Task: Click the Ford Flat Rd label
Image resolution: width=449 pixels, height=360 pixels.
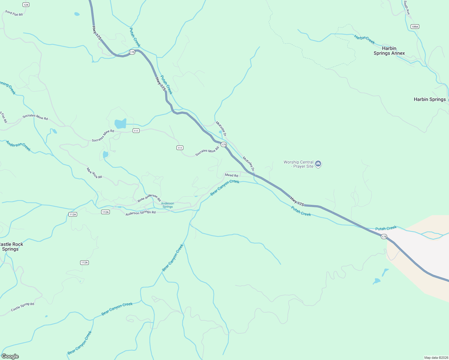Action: pyautogui.click(x=14, y=13)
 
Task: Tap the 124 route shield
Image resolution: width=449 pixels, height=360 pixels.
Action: pyautogui.click(x=26, y=5)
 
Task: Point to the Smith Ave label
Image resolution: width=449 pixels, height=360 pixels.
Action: pyautogui.click(x=407, y=7)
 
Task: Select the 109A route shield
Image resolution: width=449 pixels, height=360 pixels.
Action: pyautogui.click(x=415, y=27)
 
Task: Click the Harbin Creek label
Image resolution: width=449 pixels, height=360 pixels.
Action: pyautogui.click(x=364, y=39)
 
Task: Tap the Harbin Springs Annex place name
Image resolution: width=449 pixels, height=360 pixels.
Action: pyautogui.click(x=389, y=51)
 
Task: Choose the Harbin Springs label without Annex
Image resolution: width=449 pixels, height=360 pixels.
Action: pyautogui.click(x=429, y=99)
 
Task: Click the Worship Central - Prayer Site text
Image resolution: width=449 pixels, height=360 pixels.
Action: pyautogui.click(x=298, y=164)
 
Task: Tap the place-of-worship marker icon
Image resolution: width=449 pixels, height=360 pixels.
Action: pyautogui.click(x=318, y=164)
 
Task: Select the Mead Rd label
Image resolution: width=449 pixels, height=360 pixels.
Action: pyautogui.click(x=231, y=175)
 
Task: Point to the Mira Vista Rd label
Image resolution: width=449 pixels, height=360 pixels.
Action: pyautogui.click(x=94, y=173)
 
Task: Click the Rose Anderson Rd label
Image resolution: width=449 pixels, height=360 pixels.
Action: pyautogui.click(x=149, y=198)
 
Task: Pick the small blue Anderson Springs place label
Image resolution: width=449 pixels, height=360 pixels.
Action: pyautogui.click(x=167, y=205)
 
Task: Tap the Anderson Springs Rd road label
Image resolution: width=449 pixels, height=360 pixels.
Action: pyautogui.click(x=140, y=213)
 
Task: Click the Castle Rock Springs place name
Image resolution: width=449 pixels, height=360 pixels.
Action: pyautogui.click(x=11, y=247)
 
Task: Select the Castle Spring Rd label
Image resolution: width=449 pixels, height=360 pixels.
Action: pyautogui.click(x=23, y=307)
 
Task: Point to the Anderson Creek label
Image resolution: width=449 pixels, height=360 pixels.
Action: pyautogui.click(x=18, y=146)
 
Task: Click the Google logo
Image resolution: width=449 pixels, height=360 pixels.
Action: pyautogui.click(x=10, y=356)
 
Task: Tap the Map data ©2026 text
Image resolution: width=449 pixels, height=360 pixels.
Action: pyautogui.click(x=436, y=358)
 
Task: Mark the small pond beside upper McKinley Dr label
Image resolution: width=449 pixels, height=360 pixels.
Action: pyautogui.click(x=220, y=132)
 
